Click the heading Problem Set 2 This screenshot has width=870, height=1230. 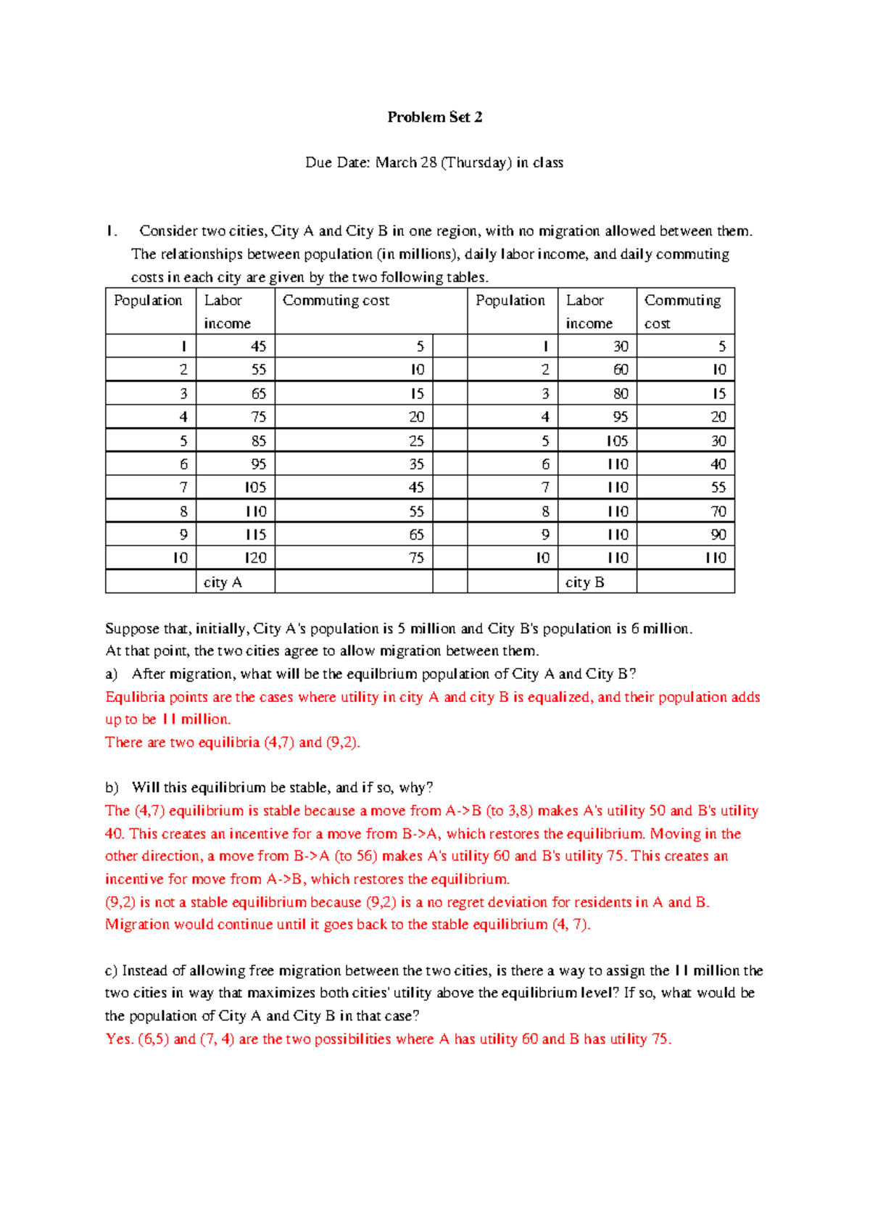[434, 117]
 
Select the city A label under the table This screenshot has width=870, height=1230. [223, 582]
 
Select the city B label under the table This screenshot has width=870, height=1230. [584, 582]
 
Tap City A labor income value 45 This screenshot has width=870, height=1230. [258, 347]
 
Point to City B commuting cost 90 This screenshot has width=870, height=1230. [718, 535]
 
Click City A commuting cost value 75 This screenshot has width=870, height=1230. [416, 558]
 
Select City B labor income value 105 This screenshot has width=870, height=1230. [617, 441]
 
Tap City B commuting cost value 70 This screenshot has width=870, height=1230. [718, 511]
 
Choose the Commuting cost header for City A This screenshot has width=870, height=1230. [336, 300]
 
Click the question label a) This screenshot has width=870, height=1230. [111, 674]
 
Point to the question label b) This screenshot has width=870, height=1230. [111, 788]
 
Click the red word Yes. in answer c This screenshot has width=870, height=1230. [120, 1039]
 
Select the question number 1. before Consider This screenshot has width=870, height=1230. [110, 231]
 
